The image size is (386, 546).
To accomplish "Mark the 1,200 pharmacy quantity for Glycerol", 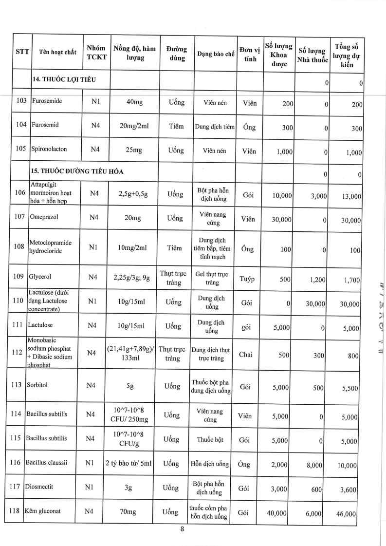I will point(315,280).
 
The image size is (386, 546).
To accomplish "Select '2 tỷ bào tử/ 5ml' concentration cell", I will point(129,464).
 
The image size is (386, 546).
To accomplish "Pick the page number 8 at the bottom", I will point(182,530).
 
